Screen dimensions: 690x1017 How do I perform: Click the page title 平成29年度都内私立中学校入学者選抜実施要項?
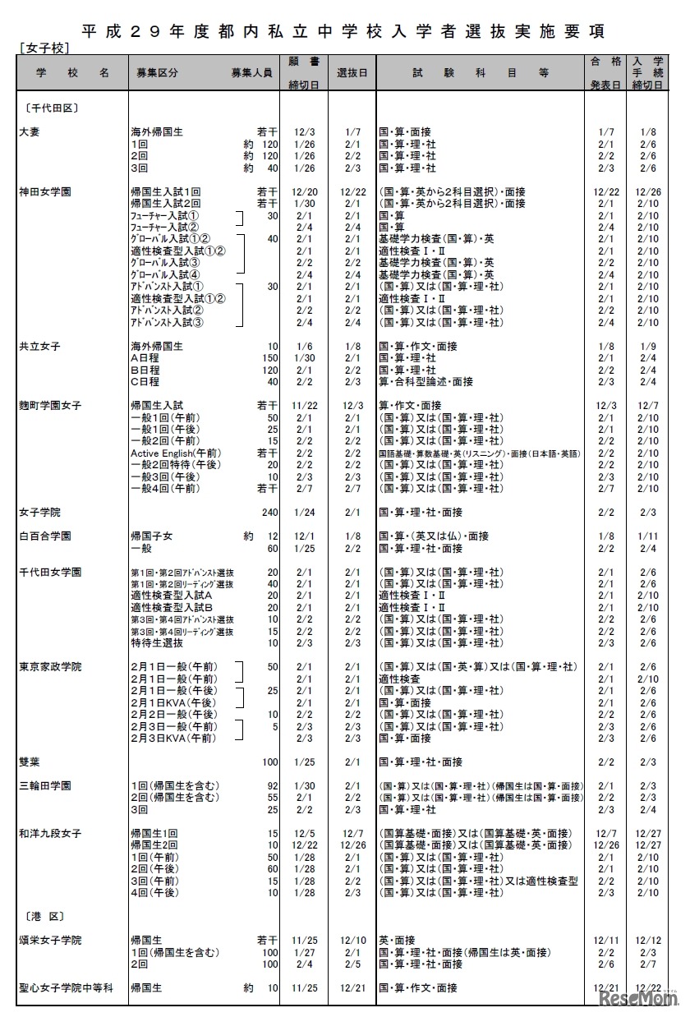point(344,31)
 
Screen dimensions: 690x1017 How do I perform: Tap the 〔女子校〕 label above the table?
point(41,49)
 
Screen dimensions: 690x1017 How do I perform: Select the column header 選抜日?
point(352,72)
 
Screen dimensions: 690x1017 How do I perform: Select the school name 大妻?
point(30,131)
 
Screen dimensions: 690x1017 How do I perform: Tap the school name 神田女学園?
point(44,191)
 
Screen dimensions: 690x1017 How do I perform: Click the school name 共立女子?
point(39,346)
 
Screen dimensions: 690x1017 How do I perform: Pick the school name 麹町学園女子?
point(50,405)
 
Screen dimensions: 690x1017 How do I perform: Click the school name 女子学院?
point(39,512)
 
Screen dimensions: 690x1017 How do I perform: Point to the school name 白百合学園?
point(44,536)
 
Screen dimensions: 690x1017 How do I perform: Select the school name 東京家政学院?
point(50,667)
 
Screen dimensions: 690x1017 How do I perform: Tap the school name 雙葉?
point(30,762)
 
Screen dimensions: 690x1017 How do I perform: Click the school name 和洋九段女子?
point(50,833)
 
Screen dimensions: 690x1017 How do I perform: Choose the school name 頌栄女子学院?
point(50,940)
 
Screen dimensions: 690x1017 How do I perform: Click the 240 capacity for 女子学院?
point(269,512)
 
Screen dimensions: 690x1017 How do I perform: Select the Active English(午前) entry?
point(174,453)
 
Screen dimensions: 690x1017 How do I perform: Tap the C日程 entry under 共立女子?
point(145,381)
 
